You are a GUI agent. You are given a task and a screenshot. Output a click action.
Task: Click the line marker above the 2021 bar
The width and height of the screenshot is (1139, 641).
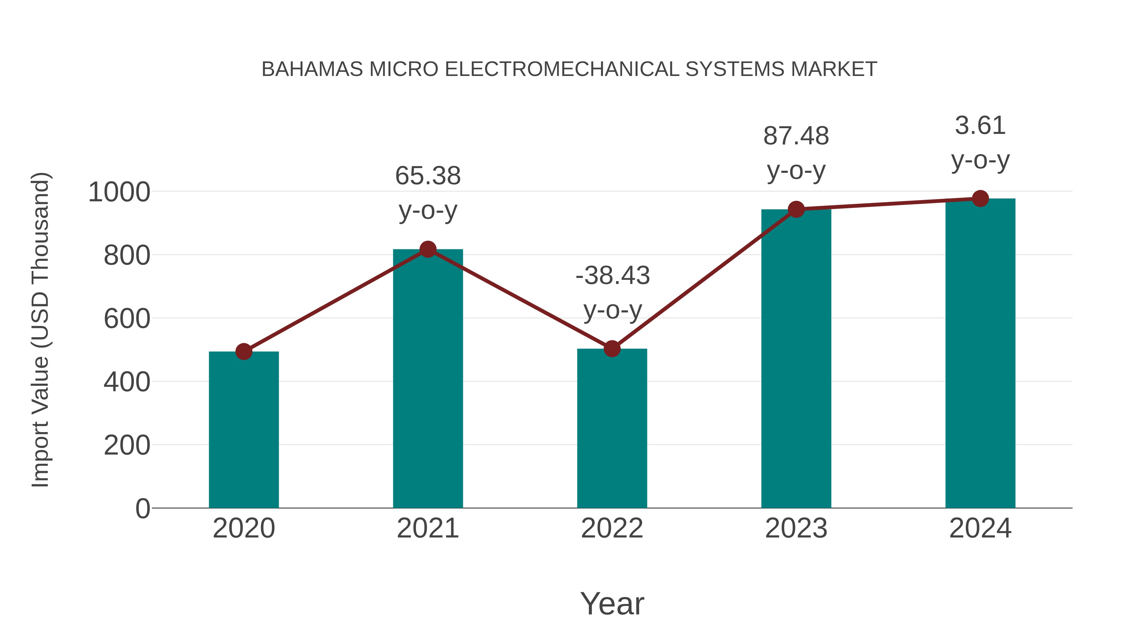427,249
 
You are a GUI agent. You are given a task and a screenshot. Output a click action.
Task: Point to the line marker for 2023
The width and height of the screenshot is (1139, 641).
796,209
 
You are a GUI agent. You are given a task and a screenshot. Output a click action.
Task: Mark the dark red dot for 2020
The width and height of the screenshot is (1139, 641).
244,352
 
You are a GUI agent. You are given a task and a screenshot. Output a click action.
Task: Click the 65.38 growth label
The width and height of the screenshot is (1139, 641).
427,176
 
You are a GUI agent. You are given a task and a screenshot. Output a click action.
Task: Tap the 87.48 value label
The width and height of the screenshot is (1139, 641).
796,136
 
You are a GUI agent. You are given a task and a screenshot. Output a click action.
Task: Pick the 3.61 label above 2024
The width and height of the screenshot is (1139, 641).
980,126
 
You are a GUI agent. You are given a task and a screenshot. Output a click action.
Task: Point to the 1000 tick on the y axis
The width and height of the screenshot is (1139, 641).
119,192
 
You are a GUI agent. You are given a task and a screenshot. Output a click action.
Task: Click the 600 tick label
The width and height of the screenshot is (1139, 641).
127,319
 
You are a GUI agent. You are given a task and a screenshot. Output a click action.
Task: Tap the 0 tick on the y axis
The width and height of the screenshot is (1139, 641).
142,509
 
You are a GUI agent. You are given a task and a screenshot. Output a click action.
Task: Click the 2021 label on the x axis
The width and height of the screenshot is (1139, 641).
427,528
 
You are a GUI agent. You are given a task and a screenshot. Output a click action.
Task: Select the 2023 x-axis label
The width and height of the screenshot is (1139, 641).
796,528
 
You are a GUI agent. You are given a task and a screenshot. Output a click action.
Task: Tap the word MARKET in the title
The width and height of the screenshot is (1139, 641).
833,69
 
